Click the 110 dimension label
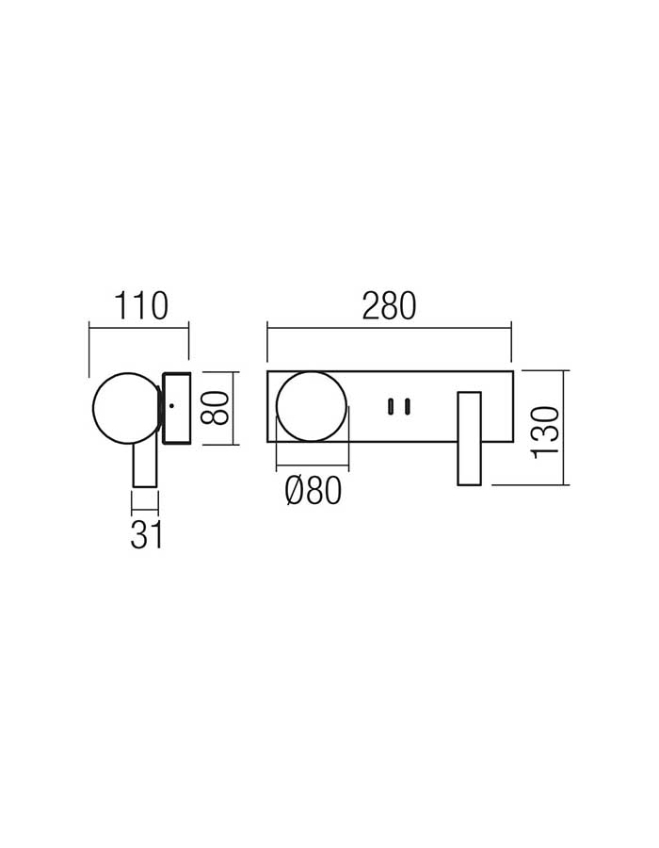(141, 305)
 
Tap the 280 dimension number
(389, 305)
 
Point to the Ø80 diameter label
(313, 491)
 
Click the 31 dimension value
(146, 536)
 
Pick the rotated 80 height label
(215, 408)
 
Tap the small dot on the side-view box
(171, 405)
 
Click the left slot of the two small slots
(390, 407)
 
